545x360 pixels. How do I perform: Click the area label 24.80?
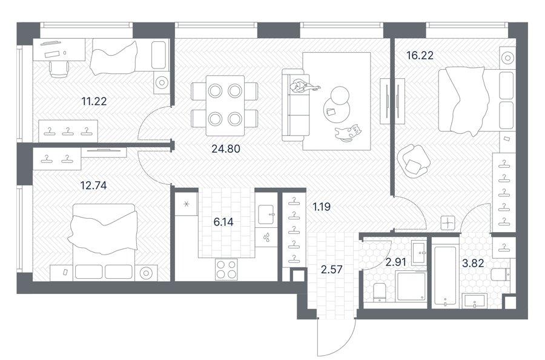(226, 149)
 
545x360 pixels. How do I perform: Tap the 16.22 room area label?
(420, 55)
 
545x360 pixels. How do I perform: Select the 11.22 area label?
(94, 101)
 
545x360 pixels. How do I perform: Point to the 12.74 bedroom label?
(93, 185)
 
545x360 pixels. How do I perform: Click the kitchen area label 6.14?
(223, 222)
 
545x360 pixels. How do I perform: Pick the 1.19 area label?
(322, 207)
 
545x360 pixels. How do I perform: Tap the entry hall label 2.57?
(332, 269)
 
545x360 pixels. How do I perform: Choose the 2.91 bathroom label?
(396, 262)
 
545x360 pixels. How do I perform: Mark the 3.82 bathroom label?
(473, 263)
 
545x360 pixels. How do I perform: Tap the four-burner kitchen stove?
(226, 269)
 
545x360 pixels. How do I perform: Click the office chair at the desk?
(59, 69)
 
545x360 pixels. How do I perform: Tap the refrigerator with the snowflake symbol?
(187, 204)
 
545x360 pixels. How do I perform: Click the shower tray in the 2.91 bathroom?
(412, 286)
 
